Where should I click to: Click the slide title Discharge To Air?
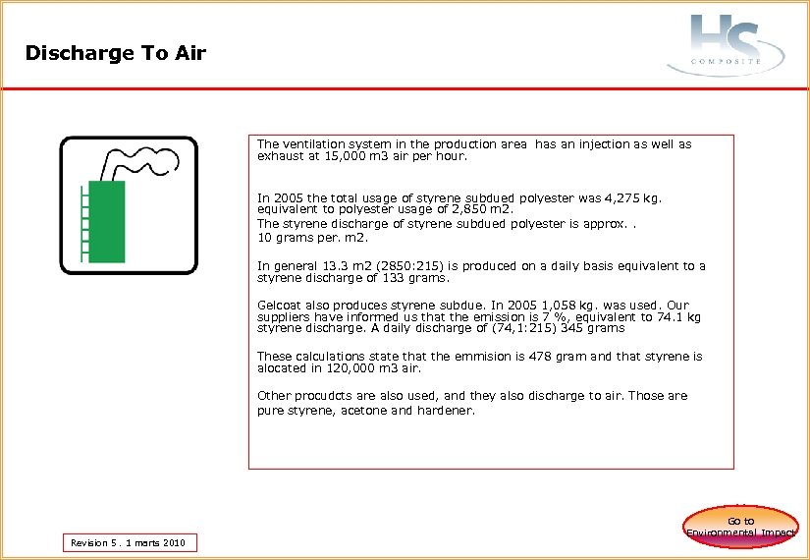pos(116,53)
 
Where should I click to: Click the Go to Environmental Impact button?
pos(740,527)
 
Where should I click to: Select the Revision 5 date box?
pos(129,542)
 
